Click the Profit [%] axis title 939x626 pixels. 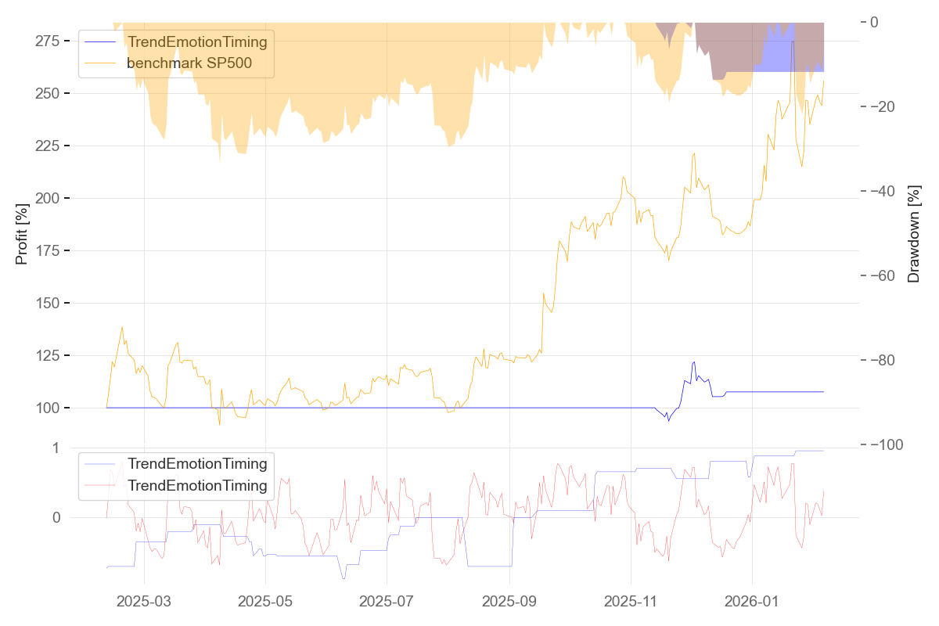point(22,234)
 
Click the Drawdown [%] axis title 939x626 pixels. point(913,234)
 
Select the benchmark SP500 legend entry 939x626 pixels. point(189,63)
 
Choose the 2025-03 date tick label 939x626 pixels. point(144,602)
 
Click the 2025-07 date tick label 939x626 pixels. point(387,602)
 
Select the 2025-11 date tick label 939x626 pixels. point(631,602)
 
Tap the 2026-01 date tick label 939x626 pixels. point(752,602)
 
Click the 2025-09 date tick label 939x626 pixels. point(509,602)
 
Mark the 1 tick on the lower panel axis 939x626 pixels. point(56,448)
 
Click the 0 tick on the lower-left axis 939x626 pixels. point(56,517)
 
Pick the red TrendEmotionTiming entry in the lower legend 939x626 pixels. point(197,486)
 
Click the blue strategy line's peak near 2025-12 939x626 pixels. point(694,362)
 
